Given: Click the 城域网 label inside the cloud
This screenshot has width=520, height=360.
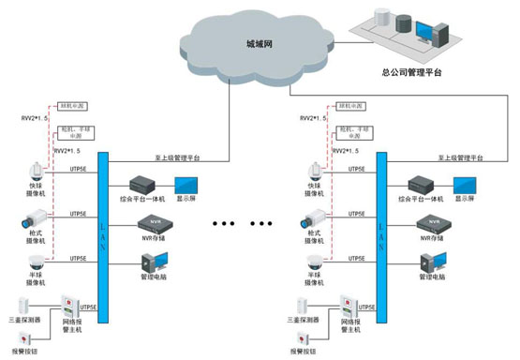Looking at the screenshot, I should pyautogui.click(x=262, y=44).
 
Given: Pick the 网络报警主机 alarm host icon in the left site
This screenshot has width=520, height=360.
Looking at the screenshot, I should pyautogui.click(x=69, y=308).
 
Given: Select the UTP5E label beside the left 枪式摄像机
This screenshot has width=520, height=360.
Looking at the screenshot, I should pyautogui.click(x=80, y=215).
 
